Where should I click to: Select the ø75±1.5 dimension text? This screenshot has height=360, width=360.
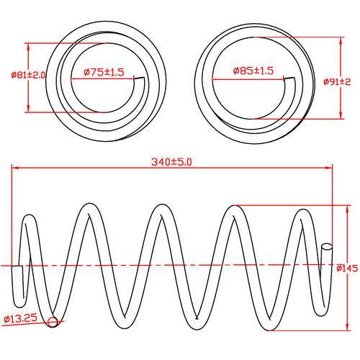104,72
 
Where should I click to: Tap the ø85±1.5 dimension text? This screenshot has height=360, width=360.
253,71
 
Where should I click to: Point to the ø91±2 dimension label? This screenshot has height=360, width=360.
338,81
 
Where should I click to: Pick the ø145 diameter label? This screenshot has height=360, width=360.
347,269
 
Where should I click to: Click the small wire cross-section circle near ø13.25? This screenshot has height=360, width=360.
52,322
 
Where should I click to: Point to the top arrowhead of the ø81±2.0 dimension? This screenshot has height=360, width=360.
28,45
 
